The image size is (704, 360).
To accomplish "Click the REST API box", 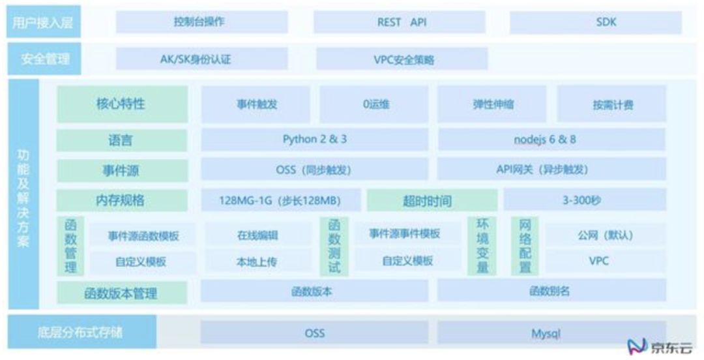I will (x=399, y=22).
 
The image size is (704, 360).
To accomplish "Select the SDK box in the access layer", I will (x=595, y=22).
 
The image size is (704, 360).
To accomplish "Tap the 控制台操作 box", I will (x=201, y=22).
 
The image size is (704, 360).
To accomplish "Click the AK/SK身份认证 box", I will (x=201, y=59).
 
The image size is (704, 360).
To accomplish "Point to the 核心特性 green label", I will (x=122, y=104).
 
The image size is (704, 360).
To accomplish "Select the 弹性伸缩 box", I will (x=491, y=104).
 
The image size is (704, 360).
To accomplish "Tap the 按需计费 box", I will (x=611, y=104).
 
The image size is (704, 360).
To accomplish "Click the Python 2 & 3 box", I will (x=314, y=140).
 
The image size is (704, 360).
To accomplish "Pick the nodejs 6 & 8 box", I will (x=551, y=140).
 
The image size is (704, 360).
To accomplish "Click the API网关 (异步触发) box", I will (x=551, y=170).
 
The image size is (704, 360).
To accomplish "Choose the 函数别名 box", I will (x=551, y=291).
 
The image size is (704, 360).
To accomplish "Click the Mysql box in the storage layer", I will (x=551, y=333).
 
